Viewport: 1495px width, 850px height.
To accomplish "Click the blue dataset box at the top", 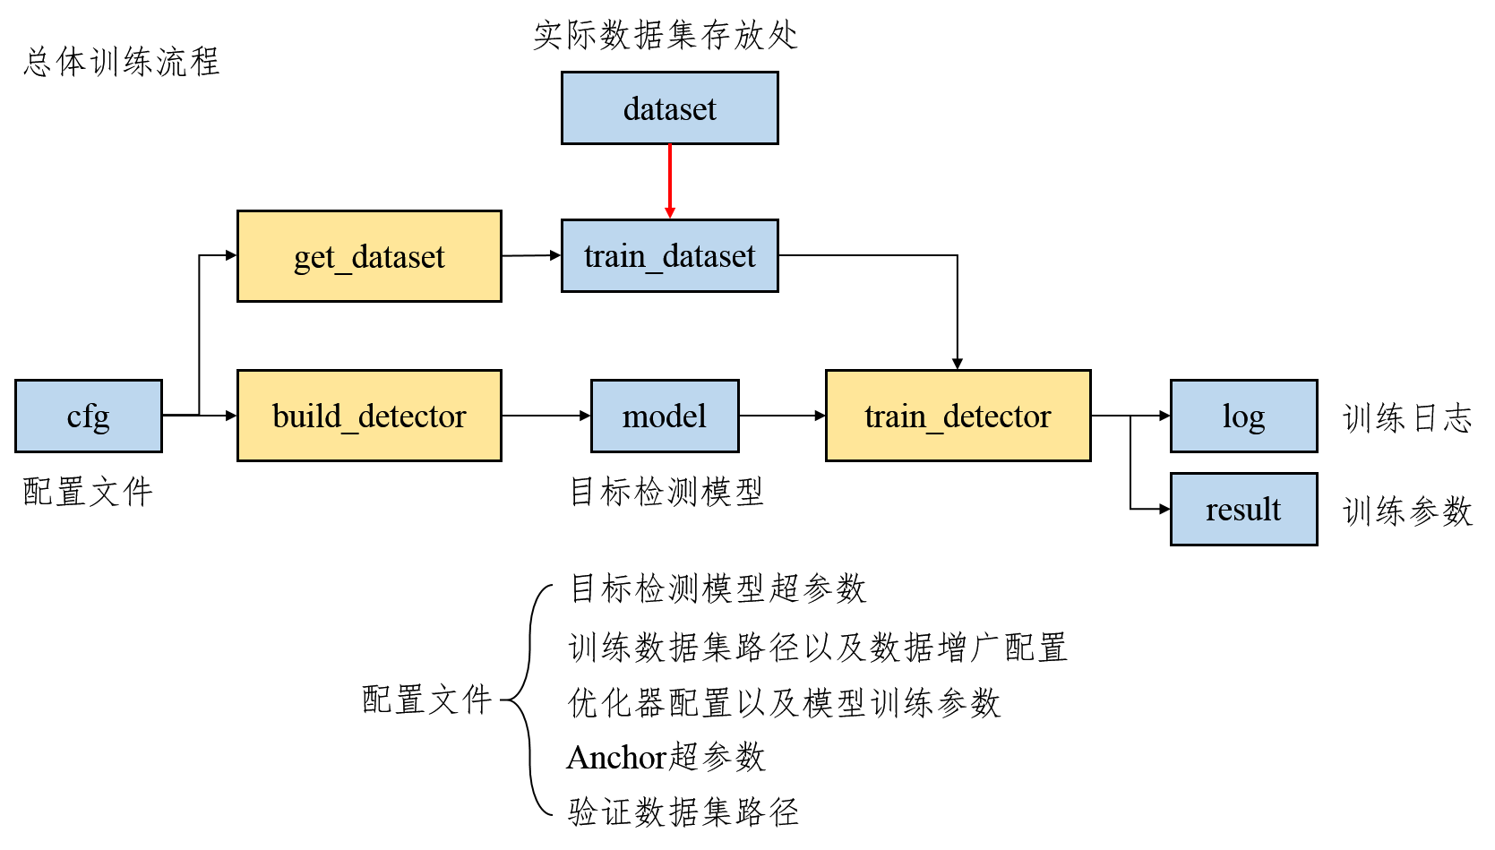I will [669, 107].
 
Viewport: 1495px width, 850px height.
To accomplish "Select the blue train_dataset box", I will [669, 255].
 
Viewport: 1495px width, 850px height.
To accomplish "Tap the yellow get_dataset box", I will [369, 256].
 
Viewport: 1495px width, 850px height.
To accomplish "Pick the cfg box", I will [88, 416].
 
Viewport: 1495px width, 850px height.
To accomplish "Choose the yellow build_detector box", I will [369, 416].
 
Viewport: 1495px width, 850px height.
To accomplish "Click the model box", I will [665, 416].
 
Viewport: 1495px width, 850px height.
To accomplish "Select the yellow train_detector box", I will [958, 416].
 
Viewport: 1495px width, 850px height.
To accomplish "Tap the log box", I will [1243, 416].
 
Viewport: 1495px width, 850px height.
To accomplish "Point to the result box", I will [1243, 509].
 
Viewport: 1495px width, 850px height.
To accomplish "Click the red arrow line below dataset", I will [669, 175].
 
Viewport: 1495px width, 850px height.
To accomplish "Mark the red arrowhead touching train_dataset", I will [669, 213].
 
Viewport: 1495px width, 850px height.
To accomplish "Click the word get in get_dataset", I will [314, 258].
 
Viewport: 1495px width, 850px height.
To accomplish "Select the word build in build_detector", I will [306, 416].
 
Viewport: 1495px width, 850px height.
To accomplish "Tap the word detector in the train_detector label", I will [996, 416].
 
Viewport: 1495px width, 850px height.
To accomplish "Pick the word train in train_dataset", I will [614, 256].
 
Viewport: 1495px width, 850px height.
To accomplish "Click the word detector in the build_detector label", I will [412, 416].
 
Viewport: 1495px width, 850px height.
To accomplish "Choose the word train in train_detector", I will [895, 416].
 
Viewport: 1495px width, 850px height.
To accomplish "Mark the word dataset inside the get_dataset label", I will [398, 257].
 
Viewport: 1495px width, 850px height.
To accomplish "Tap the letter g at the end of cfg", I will [100, 419].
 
